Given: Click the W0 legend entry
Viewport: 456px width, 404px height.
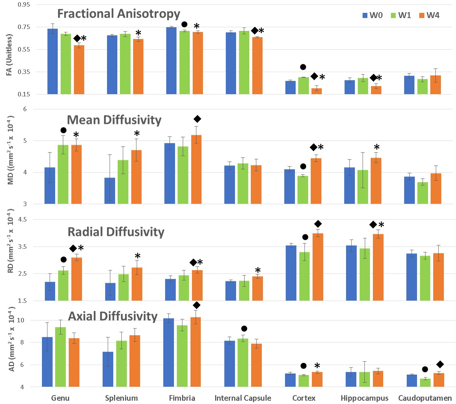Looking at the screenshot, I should coord(373,15).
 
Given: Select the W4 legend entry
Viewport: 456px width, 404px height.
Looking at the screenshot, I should coord(429,15).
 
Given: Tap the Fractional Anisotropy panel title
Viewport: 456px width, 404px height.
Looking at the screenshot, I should coord(118,14).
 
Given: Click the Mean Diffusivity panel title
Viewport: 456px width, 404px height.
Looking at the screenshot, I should coord(114,120).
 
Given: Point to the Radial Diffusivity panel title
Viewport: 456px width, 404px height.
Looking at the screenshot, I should coord(116,232).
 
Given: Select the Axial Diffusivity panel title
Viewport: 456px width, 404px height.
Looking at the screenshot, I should coord(113,316).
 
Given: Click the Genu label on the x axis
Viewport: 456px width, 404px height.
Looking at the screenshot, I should coord(60,398).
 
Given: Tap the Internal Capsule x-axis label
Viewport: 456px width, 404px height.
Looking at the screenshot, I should coord(243,398).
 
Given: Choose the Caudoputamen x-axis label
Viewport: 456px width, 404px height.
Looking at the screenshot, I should coord(425,398).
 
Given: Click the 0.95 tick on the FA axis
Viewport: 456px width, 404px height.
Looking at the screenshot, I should coord(24,5).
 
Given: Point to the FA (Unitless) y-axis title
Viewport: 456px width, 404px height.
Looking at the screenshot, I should coord(10,55).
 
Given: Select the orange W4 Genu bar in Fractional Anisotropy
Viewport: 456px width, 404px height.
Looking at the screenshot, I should coord(79,69).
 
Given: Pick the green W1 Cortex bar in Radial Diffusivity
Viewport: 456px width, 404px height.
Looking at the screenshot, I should coord(304,276).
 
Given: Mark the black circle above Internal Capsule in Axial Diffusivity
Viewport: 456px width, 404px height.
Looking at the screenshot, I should coord(244,329).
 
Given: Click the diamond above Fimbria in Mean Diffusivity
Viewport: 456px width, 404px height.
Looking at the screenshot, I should coord(197,119).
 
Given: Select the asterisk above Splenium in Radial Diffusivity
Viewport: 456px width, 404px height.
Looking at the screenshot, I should coord(138,256).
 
